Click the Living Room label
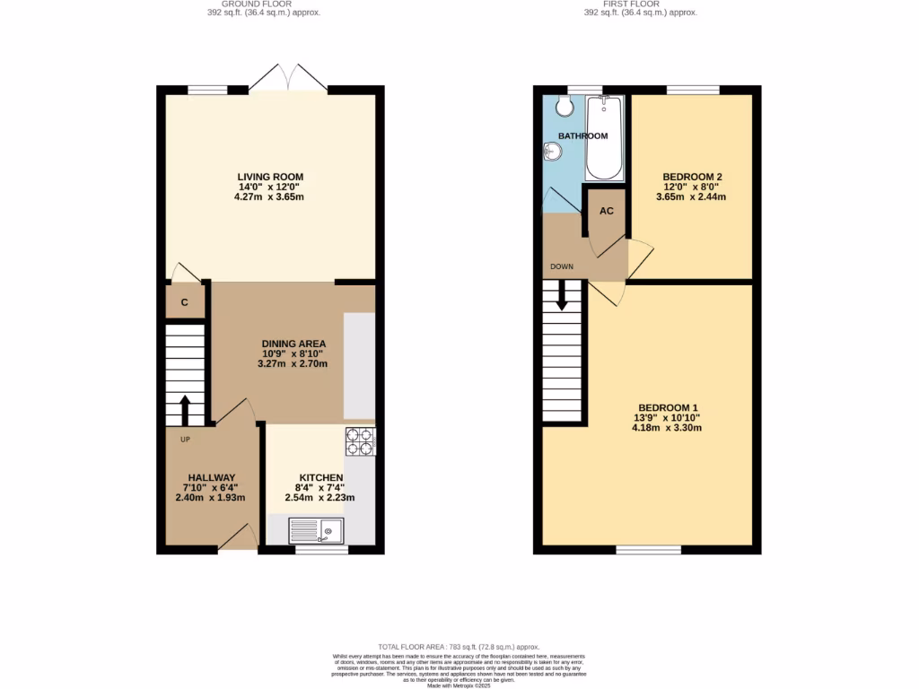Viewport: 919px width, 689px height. click(x=270, y=177)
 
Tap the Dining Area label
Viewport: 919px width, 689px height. click(x=293, y=344)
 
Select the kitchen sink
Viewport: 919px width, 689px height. click(x=316, y=531)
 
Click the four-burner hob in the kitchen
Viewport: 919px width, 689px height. click(x=361, y=441)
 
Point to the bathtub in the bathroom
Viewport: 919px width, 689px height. click(x=604, y=139)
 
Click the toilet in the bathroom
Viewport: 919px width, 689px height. click(x=565, y=106)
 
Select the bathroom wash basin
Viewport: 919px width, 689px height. click(x=551, y=153)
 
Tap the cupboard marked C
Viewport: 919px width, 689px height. click(x=185, y=302)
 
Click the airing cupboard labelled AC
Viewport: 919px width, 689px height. click(x=606, y=211)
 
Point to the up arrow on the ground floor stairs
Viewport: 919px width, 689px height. click(x=185, y=410)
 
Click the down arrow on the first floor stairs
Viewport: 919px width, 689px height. click(x=563, y=296)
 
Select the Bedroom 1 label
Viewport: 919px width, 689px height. click(x=666, y=417)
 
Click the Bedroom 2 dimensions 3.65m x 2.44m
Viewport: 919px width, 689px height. click(x=691, y=196)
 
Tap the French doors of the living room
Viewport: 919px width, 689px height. click(x=287, y=78)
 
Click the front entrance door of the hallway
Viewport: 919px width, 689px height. click(x=234, y=540)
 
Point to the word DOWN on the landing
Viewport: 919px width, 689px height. click(x=562, y=266)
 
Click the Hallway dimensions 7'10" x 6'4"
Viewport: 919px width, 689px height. click(x=211, y=487)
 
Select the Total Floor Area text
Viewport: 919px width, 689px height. click(x=458, y=647)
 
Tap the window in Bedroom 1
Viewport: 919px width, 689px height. click(x=641, y=548)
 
